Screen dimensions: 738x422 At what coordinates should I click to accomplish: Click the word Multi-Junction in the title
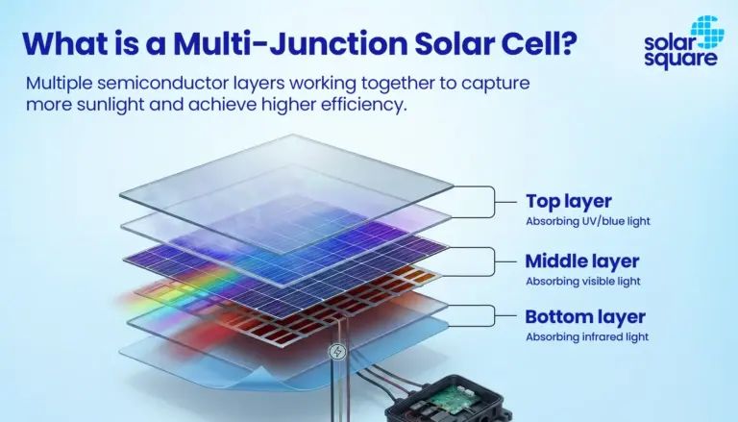pos(290,44)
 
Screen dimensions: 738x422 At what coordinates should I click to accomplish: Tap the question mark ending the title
pos(569,43)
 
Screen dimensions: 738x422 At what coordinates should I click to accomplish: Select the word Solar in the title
pos(455,43)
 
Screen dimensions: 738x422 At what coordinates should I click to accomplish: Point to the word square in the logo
pos(680,60)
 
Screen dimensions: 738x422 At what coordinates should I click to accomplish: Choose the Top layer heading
pos(569,201)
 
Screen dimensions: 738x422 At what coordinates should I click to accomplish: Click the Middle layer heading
pos(582,261)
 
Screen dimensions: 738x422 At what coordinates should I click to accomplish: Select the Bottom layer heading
pos(585,316)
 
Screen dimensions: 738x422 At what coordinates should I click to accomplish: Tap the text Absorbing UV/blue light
pos(588,221)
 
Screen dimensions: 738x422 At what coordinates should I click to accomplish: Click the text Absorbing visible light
pos(583,282)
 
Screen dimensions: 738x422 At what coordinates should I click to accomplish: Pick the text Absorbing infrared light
pos(587,336)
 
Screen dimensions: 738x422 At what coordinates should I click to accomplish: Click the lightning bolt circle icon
pos(337,352)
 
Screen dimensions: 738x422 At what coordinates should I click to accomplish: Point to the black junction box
pos(447,399)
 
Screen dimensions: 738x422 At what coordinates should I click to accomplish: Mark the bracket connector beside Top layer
pos(495,202)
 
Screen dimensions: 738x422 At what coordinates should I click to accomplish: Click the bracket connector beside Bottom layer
pos(495,315)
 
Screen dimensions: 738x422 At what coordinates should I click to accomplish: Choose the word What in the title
pos(65,43)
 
